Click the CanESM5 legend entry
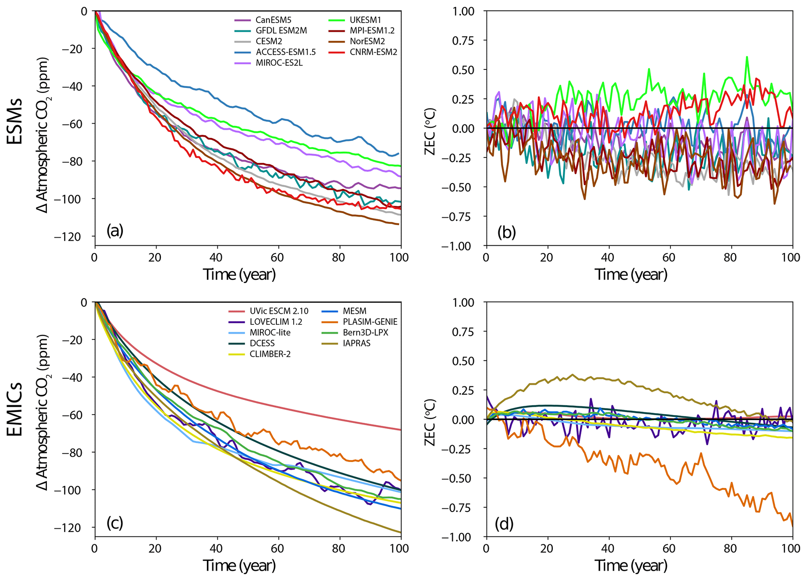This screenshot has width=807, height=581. pos(273,20)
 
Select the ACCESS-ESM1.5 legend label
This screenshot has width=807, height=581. pos(286,52)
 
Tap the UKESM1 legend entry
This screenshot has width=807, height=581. pos(365,20)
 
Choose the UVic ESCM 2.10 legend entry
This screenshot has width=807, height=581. pos(279,311)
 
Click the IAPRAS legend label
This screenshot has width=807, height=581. pos(357,343)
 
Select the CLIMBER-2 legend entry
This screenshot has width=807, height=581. pos(270,354)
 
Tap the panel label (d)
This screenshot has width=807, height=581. pos(504,524)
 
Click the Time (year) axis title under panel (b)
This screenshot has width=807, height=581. pos(631,274)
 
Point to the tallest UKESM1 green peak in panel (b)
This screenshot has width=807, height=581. pos(747,57)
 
